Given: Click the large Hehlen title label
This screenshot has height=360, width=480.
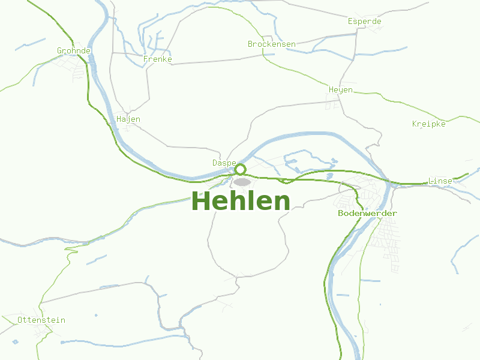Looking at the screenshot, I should coord(241,201).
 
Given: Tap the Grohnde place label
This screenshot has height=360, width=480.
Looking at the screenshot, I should coord(73,51).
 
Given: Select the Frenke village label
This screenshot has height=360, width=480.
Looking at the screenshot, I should coord(158,59).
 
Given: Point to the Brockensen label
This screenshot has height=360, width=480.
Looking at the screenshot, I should coord(271,44).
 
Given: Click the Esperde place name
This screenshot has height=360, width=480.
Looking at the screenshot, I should coord(365,22).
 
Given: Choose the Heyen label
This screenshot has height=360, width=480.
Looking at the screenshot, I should coord(341,90).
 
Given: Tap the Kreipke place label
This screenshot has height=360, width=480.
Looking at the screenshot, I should coord(429,124).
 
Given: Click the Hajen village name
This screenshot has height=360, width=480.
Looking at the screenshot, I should coord(128,119).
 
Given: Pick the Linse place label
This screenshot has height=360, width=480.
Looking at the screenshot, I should coord(440,181).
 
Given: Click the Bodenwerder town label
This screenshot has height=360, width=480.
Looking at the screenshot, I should coord(367,214).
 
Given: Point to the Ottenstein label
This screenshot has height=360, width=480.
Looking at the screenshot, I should coord(41,320).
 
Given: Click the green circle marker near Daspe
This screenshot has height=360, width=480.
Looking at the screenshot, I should coord(240,169).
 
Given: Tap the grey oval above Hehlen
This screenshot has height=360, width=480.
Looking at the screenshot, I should coord(242,182).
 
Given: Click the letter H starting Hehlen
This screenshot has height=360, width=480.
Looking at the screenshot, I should coord(200,201).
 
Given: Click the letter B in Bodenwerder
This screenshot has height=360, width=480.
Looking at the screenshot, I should coord(341,214).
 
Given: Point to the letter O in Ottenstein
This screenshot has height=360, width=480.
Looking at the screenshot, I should coord(20,320).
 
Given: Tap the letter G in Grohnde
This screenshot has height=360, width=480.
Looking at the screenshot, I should coord(59,51).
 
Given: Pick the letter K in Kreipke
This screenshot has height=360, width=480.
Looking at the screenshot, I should coord(415,124).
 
